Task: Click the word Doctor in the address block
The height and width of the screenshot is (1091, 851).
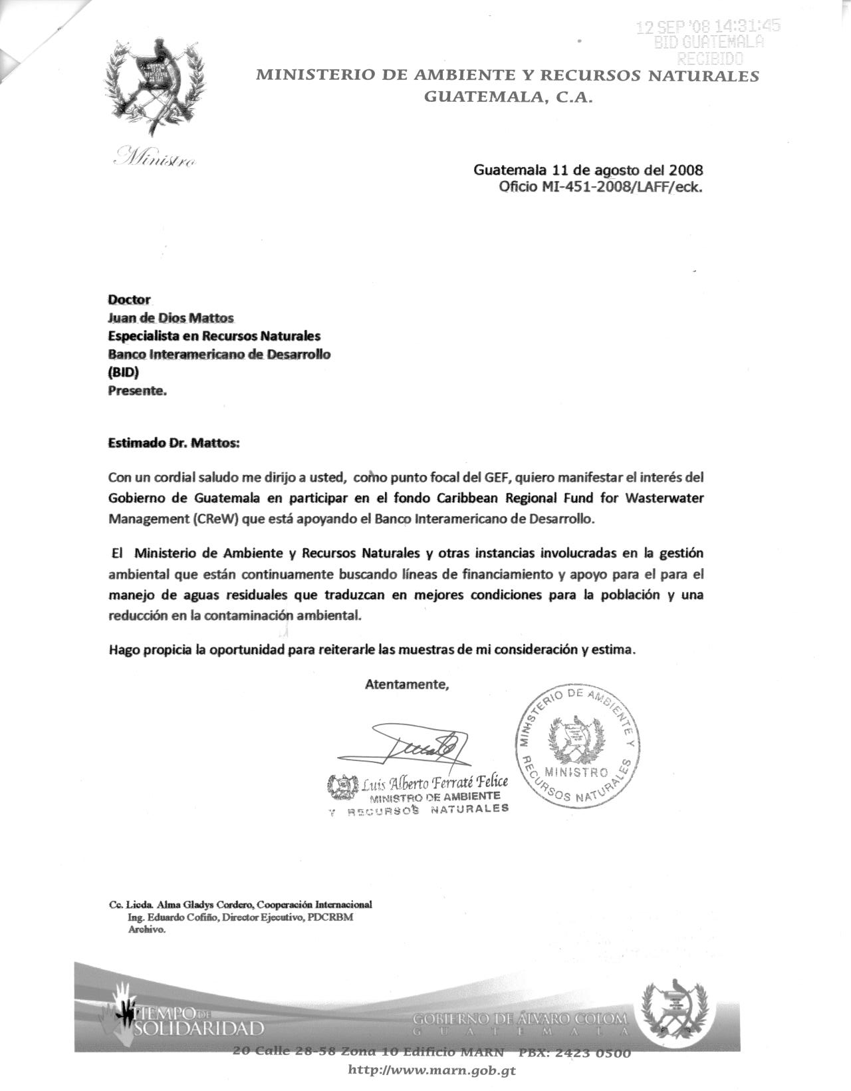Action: click(x=129, y=299)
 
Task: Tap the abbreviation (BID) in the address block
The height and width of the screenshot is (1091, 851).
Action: click(x=123, y=373)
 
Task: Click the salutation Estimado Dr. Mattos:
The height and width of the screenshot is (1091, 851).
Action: click(x=173, y=442)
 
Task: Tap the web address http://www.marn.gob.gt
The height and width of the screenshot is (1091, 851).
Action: click(x=431, y=1070)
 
